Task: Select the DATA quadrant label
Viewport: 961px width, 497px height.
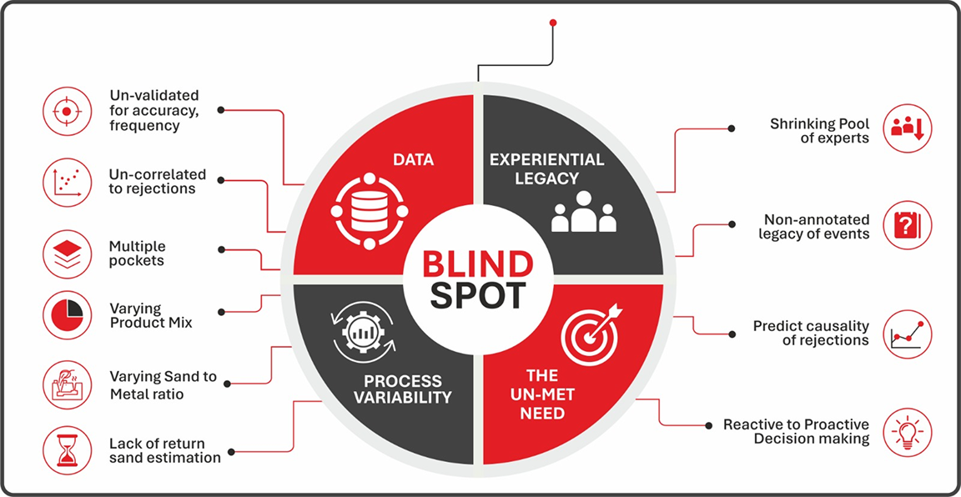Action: pos(414,161)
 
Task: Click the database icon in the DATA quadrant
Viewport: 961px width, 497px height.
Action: pos(370,212)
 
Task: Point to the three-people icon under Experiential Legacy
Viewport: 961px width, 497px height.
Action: pos(583,212)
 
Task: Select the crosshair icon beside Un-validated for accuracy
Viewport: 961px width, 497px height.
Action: pos(66,112)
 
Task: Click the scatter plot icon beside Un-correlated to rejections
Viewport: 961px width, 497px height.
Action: pos(66,181)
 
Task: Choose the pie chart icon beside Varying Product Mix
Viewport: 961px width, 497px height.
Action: pos(66,314)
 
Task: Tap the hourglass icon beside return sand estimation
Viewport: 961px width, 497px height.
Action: pos(66,449)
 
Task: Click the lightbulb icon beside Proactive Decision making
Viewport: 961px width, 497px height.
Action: pos(907,432)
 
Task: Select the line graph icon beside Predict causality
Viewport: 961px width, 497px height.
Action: pos(907,334)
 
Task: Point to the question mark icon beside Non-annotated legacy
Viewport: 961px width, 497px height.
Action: pos(907,225)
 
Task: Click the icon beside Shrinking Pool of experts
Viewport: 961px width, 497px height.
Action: pos(907,128)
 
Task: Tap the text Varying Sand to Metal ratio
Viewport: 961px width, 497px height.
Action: pos(163,385)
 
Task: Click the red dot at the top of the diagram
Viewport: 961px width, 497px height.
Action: pos(553,23)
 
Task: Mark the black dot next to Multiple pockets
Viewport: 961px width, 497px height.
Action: pos(222,250)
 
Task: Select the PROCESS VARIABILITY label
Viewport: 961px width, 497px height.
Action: pos(409,388)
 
